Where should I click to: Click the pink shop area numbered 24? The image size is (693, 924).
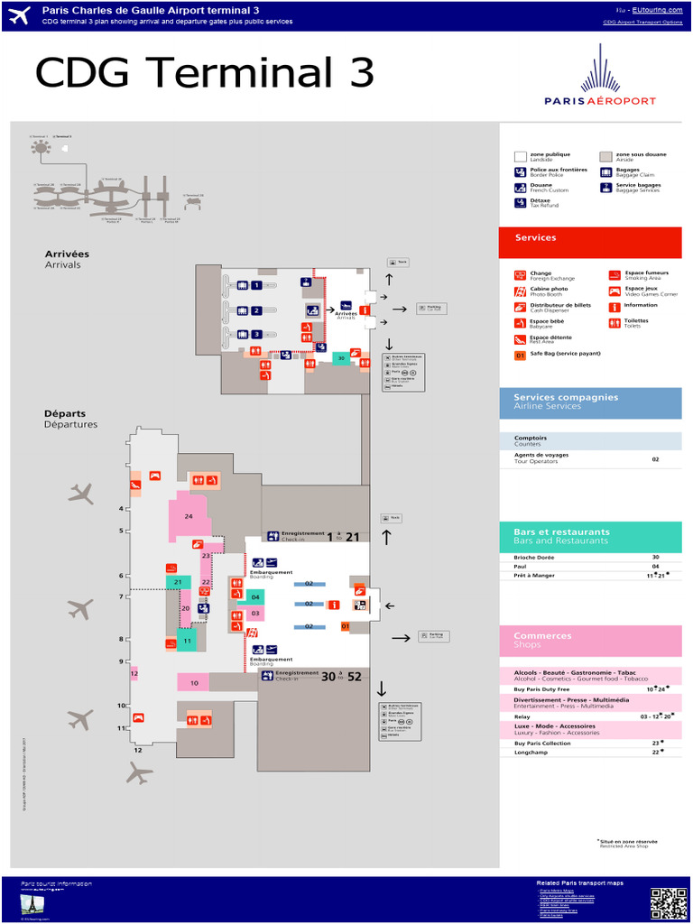coord(189,517)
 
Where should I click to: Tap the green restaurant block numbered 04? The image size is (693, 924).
coord(255,597)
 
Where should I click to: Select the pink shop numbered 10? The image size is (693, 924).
coord(194,683)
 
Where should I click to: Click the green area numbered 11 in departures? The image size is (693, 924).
coord(187,642)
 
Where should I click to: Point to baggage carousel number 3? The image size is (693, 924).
coord(256,335)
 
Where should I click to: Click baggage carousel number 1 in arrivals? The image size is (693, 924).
coord(256,285)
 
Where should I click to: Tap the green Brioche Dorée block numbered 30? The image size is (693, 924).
coord(340,358)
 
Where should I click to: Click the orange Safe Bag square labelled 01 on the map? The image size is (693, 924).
coord(345,626)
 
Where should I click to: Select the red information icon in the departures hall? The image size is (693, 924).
coord(334,605)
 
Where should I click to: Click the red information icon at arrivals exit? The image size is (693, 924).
coord(364,310)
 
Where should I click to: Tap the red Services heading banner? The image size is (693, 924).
coord(590,239)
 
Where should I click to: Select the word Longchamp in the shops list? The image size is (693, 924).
coord(531,752)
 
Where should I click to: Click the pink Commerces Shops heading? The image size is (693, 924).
coord(590,640)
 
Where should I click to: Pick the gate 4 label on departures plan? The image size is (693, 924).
coord(121,509)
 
